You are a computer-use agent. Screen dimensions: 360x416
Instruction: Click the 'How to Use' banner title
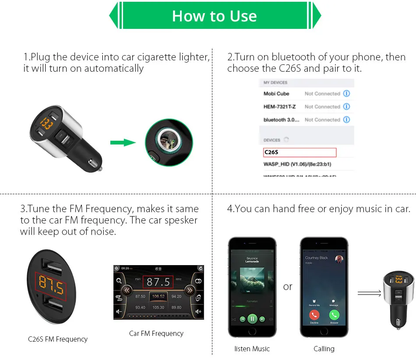(x=214, y=16)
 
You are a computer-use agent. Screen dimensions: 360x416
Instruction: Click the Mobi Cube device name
(x=276, y=94)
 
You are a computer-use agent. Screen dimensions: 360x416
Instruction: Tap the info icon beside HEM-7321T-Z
(x=347, y=107)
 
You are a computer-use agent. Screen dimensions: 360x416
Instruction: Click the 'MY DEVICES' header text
(x=275, y=83)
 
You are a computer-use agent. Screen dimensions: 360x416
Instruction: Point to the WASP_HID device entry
(x=297, y=164)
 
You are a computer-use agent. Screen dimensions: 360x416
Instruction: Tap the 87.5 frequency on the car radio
(x=158, y=282)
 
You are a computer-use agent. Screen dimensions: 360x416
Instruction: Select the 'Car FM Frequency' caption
(x=156, y=333)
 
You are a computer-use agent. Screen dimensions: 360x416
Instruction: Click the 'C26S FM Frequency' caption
(x=58, y=339)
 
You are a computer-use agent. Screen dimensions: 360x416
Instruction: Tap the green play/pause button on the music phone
(x=252, y=318)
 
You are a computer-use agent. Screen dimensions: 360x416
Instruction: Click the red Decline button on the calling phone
(x=314, y=315)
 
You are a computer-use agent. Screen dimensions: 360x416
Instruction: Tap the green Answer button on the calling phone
(x=334, y=315)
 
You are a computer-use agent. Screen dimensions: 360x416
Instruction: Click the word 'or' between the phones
(x=288, y=287)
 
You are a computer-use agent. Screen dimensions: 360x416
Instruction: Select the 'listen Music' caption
(x=252, y=349)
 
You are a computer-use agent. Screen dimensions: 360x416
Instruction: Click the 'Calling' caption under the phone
(x=324, y=349)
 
